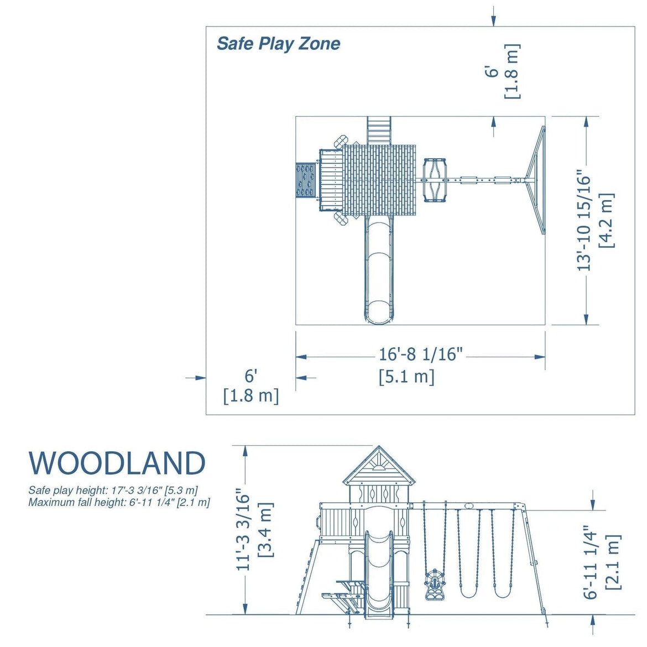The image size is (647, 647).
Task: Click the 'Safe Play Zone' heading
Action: point(278,44)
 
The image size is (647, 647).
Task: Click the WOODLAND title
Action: point(117,463)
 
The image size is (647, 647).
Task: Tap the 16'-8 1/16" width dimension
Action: point(420,354)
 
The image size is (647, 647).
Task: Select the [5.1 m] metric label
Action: point(406,377)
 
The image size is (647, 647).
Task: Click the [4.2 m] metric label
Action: point(606,221)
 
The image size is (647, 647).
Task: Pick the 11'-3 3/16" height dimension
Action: point(244,529)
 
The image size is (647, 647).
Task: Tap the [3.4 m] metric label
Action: point(266,529)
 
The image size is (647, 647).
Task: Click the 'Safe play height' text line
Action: point(113,491)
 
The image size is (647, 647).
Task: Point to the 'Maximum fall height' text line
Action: point(119,503)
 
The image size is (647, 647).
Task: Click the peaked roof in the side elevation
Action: point(379,467)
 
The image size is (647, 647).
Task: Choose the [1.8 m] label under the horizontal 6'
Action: point(251,396)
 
